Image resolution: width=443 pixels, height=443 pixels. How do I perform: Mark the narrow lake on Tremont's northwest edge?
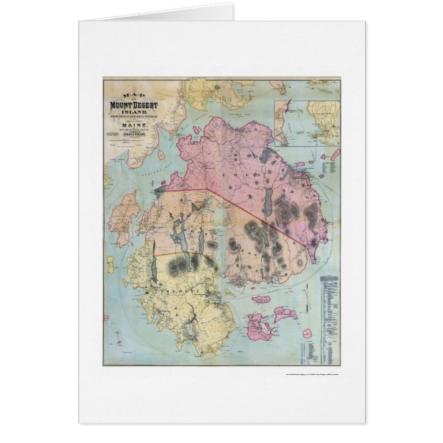[x=155, y=268]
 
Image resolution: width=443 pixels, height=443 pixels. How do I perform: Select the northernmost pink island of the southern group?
[x=261, y=299]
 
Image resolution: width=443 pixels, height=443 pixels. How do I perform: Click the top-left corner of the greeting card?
[x=79, y=21]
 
